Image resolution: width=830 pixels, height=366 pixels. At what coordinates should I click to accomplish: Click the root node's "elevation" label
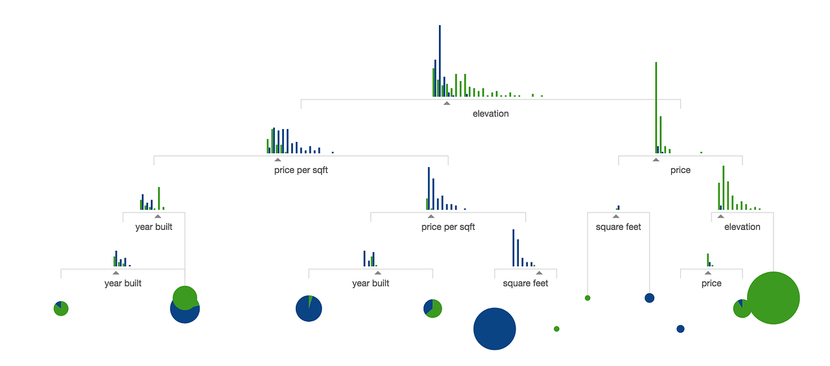pyautogui.click(x=490, y=113)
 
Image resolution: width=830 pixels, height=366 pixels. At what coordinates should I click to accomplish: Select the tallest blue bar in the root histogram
pyautogui.click(x=440, y=61)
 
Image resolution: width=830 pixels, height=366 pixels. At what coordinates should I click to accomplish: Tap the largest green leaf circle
pyautogui.click(x=774, y=298)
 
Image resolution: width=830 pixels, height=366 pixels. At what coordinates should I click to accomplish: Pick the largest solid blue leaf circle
pyautogui.click(x=494, y=328)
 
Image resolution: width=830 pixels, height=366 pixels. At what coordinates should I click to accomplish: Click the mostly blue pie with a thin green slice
pyautogui.click(x=309, y=308)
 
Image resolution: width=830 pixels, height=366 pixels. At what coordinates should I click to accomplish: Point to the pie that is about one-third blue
pyautogui.click(x=433, y=308)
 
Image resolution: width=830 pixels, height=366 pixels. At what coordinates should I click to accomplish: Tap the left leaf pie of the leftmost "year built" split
pyautogui.click(x=61, y=308)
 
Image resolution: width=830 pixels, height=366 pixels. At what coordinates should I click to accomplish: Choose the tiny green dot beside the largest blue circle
pyautogui.click(x=556, y=328)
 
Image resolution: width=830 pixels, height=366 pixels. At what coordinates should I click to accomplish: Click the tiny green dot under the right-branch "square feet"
pyautogui.click(x=587, y=298)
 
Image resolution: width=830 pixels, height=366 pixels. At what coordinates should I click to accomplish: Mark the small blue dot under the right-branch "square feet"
pyautogui.click(x=649, y=298)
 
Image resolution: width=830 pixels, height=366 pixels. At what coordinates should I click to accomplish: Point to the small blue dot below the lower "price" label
pyautogui.click(x=680, y=328)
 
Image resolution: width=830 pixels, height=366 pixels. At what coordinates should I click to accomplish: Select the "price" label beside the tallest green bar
pyautogui.click(x=680, y=170)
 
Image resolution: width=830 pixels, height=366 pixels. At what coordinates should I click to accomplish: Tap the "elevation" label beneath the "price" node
pyautogui.click(x=742, y=227)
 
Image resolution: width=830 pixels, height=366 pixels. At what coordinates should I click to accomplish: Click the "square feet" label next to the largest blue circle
pyautogui.click(x=525, y=283)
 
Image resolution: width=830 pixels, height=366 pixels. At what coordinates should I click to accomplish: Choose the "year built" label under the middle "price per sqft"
pyautogui.click(x=370, y=283)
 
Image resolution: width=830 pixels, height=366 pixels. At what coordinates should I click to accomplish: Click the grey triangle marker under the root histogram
pyautogui.click(x=447, y=103)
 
